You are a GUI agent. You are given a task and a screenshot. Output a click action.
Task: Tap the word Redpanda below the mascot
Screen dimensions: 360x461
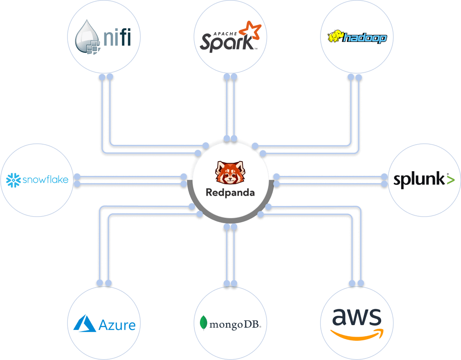tap(230, 192)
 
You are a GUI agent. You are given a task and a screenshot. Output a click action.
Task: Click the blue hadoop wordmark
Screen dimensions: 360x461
tap(365, 38)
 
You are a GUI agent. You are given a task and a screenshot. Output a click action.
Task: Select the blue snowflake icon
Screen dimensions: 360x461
tap(14, 180)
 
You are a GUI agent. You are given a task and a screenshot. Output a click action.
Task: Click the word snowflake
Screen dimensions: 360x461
tap(45, 180)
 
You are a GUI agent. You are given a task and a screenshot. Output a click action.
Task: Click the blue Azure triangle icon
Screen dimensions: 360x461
tap(85, 323)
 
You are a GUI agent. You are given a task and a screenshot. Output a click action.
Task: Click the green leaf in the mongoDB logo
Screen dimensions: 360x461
tap(204, 323)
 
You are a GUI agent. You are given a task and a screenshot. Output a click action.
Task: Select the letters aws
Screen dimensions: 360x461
tap(357, 317)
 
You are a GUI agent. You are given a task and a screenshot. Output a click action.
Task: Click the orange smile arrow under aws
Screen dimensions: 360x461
tap(357, 334)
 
